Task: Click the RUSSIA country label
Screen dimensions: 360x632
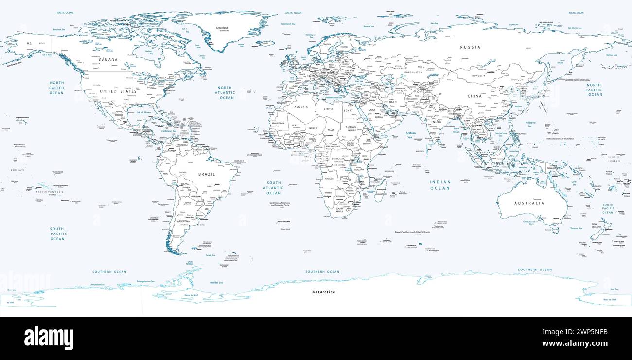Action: (x=470, y=47)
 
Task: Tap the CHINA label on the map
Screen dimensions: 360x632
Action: (x=474, y=96)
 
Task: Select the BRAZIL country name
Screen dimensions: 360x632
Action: (x=207, y=174)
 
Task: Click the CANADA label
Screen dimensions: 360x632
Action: (x=108, y=60)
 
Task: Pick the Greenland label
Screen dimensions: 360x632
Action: (x=222, y=28)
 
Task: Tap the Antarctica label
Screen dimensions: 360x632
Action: (x=323, y=292)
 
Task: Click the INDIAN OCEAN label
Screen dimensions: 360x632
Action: (x=439, y=185)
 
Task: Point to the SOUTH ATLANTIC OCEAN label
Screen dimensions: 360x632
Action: (x=273, y=188)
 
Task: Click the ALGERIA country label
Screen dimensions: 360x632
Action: (x=301, y=107)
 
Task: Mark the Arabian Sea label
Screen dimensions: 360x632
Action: (x=411, y=135)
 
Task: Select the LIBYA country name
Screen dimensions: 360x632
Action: (x=329, y=108)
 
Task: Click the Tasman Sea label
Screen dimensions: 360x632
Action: (x=576, y=228)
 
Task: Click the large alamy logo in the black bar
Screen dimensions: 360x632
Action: (x=49, y=338)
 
